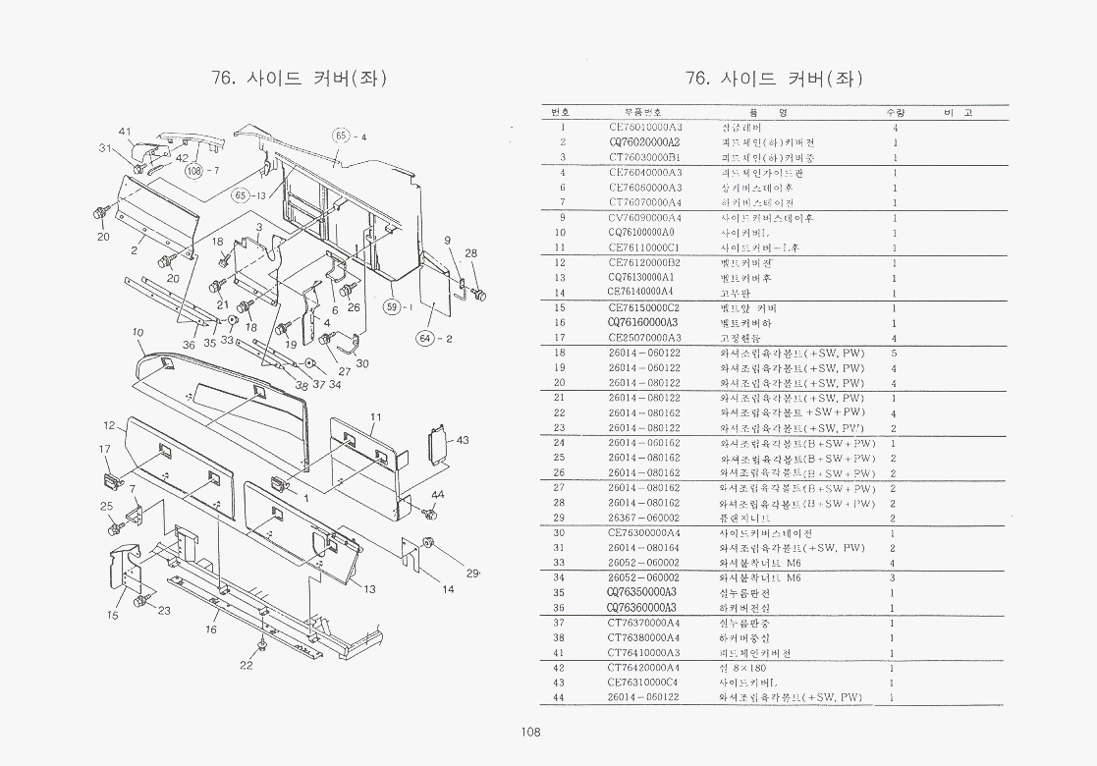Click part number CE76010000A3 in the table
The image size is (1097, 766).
click(645, 127)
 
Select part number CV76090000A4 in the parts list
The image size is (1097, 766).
click(645, 217)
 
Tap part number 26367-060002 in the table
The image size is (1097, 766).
click(644, 518)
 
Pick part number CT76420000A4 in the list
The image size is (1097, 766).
click(644, 668)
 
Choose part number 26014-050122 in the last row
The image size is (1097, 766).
click(644, 697)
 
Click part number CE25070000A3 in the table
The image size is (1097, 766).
click(645, 338)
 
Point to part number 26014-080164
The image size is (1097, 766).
click(644, 548)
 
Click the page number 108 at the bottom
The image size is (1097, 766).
click(531, 731)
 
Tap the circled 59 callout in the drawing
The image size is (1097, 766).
click(393, 306)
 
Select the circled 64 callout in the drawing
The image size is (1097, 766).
click(425, 339)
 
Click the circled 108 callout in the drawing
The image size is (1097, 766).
click(194, 172)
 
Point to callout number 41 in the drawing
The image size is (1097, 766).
click(125, 132)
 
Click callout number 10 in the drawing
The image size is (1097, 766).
click(137, 333)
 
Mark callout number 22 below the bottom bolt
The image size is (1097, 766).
click(246, 665)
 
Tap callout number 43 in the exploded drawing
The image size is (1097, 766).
click(463, 439)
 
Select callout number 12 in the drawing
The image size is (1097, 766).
click(110, 425)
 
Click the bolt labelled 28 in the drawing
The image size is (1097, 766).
click(478, 293)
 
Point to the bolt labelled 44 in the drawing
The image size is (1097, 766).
click(429, 513)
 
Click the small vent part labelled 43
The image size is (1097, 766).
click(436, 444)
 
